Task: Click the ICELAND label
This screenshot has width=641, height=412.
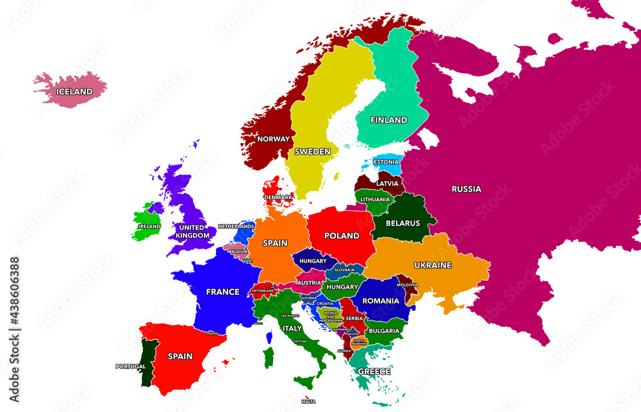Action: coord(74,92)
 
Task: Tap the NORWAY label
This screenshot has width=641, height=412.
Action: coord(274,139)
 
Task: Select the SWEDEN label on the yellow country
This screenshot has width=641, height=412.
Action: coord(312,152)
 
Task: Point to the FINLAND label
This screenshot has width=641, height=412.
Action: coord(388,120)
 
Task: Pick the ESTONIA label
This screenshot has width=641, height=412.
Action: coord(386,162)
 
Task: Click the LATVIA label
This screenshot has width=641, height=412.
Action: coord(387,183)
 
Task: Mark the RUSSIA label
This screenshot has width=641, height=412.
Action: coord(466,189)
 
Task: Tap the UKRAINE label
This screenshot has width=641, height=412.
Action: coord(433,265)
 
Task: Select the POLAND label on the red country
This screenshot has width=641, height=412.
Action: coord(342,236)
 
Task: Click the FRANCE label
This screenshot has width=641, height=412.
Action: coord(222,292)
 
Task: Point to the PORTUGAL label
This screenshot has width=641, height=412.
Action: coord(131,367)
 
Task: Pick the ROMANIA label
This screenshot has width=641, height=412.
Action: coord(381,301)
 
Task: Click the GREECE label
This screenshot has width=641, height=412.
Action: coord(374,371)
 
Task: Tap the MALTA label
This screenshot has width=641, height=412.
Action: coord(308,402)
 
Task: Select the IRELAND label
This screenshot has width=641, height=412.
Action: coord(149,226)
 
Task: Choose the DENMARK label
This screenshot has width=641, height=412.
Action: coord(278,197)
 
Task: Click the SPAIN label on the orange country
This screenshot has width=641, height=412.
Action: coord(276,243)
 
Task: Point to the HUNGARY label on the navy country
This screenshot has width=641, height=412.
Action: coord(313,261)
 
